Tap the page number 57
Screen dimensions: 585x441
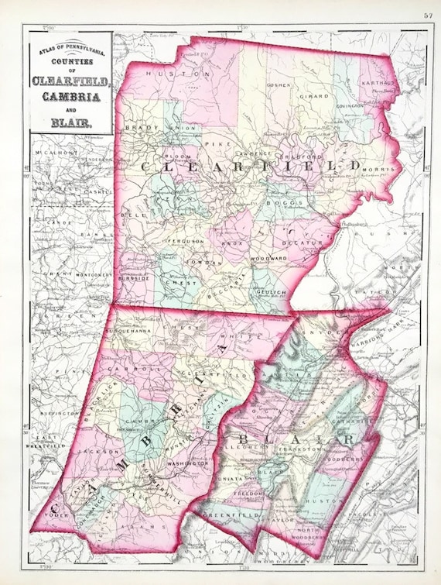click(428, 15)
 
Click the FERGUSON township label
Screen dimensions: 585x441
click(186, 242)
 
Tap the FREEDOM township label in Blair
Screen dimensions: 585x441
click(255, 493)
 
